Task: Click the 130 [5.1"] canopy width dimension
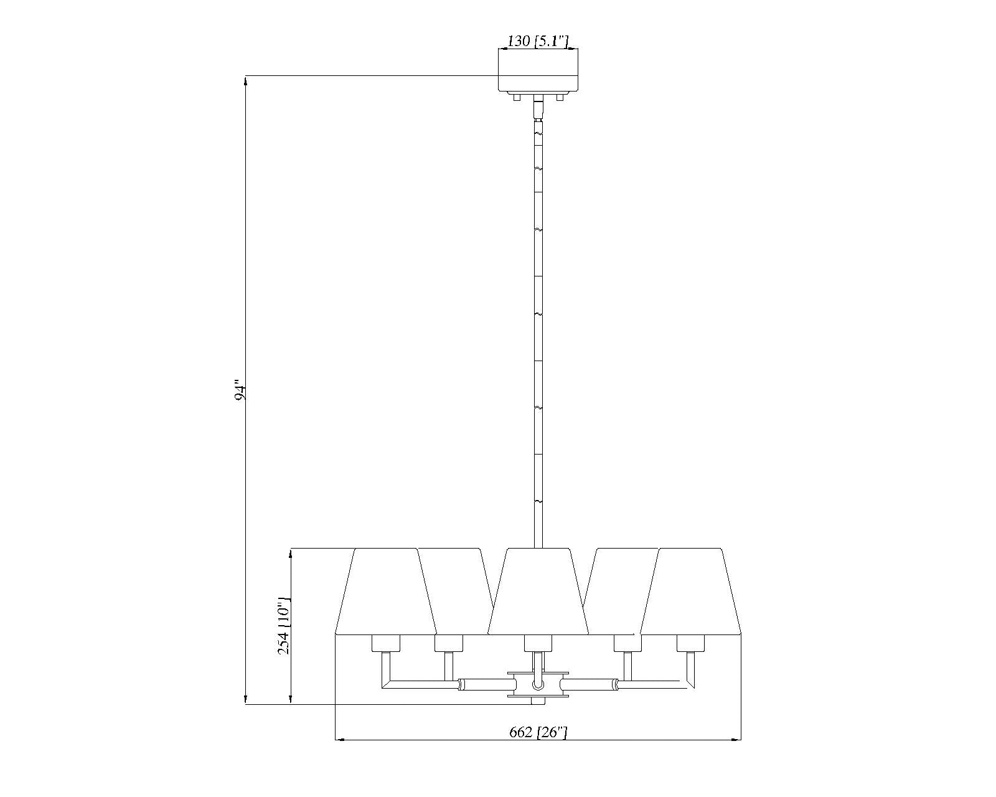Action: coord(537,42)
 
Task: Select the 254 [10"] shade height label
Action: coord(284,626)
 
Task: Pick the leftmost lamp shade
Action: coord(386,592)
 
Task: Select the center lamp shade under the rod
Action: coord(538,592)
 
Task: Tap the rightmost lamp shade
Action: coord(690,592)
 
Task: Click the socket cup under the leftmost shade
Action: coord(386,643)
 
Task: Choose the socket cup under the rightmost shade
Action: coord(690,643)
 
